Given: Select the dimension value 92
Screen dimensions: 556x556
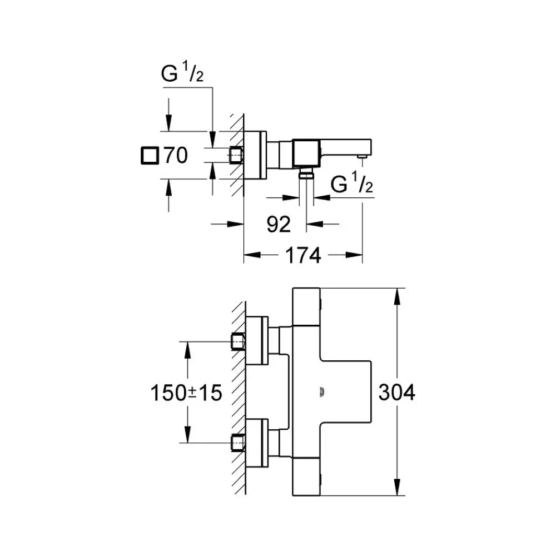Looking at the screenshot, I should pyautogui.click(x=279, y=224).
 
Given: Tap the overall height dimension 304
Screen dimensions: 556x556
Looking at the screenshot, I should pyautogui.click(x=396, y=393).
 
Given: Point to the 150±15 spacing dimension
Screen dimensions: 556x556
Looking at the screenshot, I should pyautogui.click(x=186, y=393).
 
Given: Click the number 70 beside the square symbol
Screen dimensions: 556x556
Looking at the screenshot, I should pyautogui.click(x=174, y=156).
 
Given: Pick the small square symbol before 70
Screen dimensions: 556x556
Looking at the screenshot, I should pyautogui.click(x=149, y=156).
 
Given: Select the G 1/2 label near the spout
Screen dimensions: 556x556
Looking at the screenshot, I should pyautogui.click(x=351, y=185).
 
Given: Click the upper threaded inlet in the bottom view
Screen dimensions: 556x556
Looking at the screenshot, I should pyautogui.click(x=238, y=340).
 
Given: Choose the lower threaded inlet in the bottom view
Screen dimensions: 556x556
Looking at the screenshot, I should pyautogui.click(x=238, y=443).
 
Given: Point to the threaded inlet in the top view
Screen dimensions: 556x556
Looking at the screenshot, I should pyautogui.click(x=236, y=155).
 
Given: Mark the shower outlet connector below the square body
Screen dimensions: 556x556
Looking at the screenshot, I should pyautogui.click(x=306, y=173).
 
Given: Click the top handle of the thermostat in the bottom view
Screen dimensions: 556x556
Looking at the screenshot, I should pyautogui.click(x=307, y=306).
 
